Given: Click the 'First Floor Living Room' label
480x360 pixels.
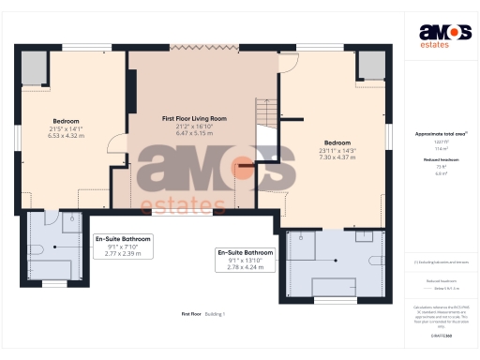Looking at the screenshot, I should (x=194, y=119).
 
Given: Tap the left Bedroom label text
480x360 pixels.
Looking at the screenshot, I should (x=66, y=121).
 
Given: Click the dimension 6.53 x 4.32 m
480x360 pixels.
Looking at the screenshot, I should (x=66, y=136).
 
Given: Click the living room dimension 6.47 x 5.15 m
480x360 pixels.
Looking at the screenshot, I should (x=194, y=134).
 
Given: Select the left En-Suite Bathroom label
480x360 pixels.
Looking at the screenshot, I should (x=122, y=239).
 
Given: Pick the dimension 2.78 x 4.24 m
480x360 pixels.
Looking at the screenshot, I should (x=245, y=267).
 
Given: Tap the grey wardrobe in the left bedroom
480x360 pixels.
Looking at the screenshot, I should (x=35, y=68).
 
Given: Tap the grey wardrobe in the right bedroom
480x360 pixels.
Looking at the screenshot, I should (x=370, y=66).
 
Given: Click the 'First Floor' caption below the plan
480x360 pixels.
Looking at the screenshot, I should (x=191, y=313).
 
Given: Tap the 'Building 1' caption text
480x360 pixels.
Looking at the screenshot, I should (x=217, y=313).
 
